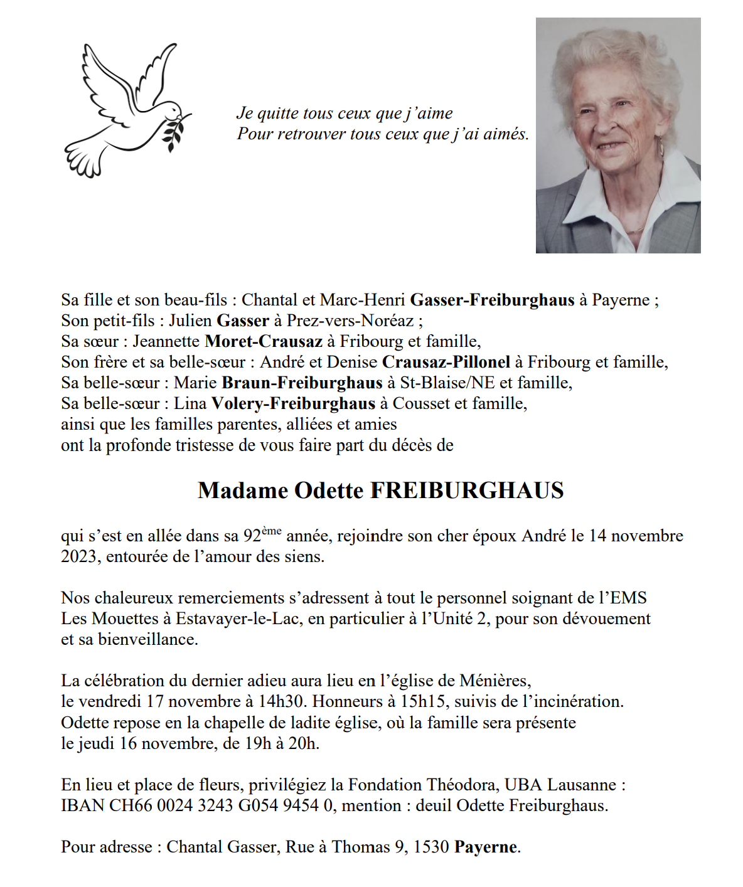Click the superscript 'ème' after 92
272,531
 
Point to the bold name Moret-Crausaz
264,341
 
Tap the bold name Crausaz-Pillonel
446,362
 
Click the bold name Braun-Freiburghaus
302,383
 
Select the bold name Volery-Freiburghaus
293,403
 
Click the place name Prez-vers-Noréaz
350,321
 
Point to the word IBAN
82,805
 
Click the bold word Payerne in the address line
486,847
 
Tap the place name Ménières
494,681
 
